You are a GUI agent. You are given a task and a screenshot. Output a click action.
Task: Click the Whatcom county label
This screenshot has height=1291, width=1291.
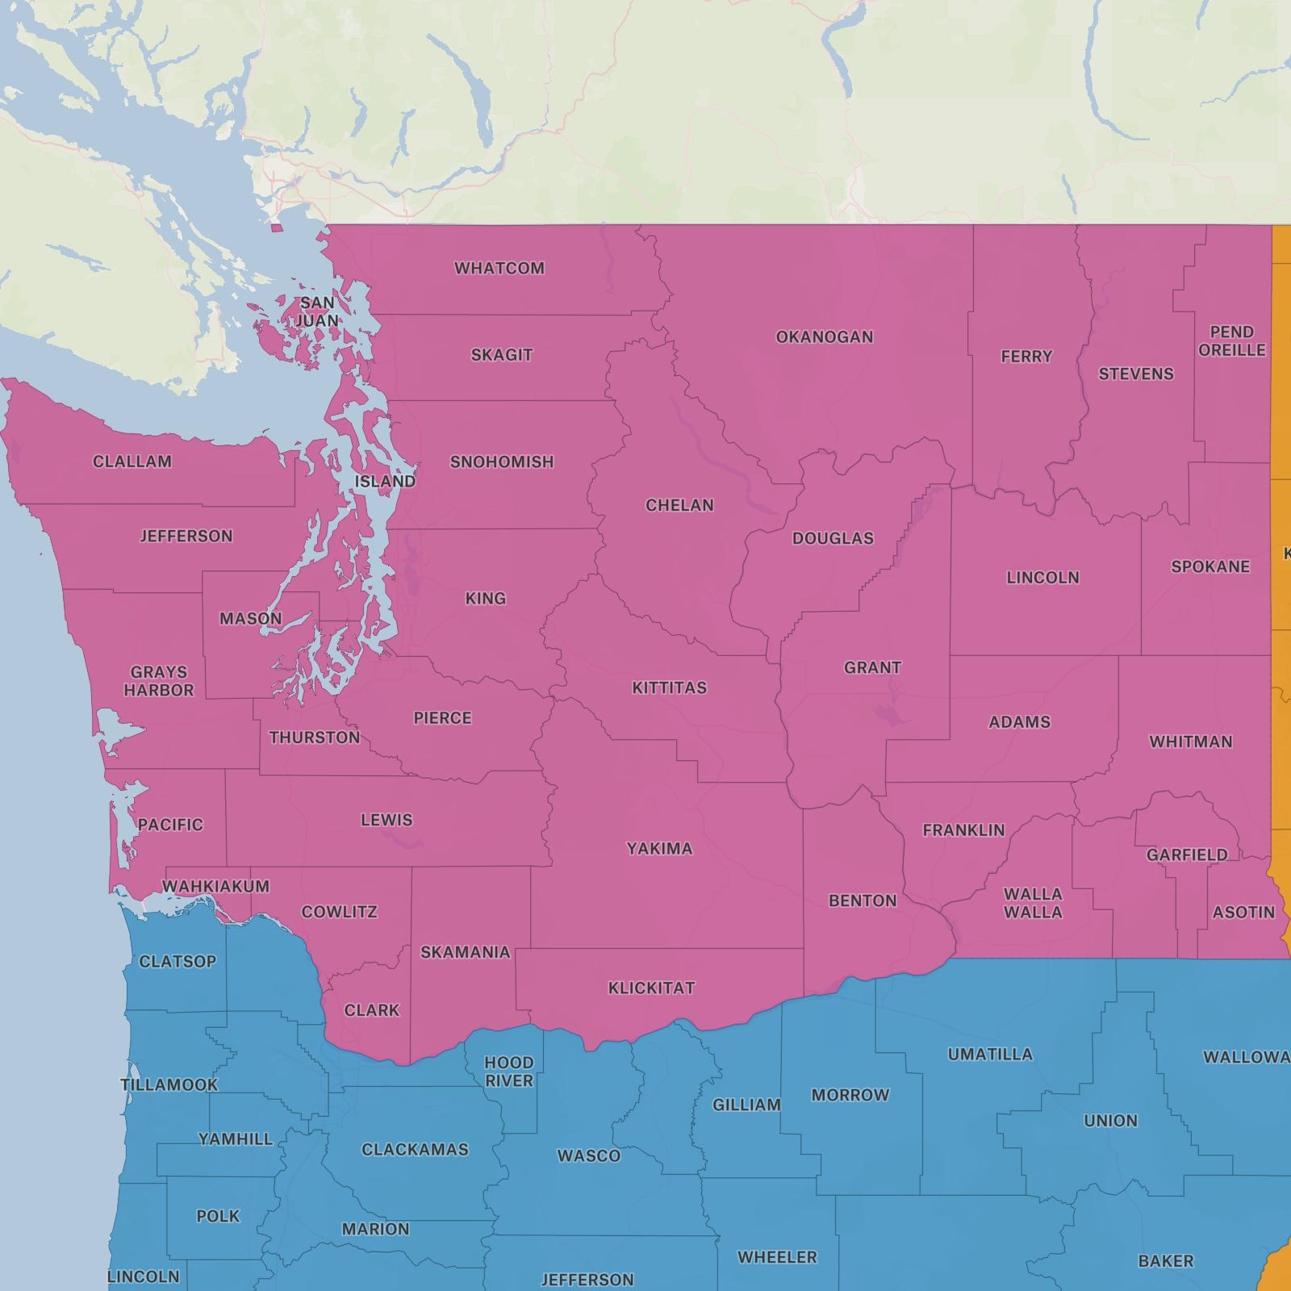[x=499, y=268]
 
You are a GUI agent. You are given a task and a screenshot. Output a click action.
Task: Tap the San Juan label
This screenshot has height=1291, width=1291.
[x=317, y=312]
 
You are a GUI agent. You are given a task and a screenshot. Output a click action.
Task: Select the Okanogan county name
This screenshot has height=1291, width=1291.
[x=825, y=337]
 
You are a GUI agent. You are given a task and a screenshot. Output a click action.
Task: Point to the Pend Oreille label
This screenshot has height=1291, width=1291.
[x=1232, y=341]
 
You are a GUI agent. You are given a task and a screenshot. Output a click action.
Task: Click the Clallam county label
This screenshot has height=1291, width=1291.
[x=132, y=462]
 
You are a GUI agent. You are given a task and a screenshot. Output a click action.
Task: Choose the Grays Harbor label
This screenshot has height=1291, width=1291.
[x=159, y=681]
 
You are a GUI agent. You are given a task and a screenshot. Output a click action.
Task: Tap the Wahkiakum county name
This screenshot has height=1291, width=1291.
[x=215, y=887]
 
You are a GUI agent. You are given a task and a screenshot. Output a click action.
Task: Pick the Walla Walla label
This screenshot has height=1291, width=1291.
[x=1033, y=903]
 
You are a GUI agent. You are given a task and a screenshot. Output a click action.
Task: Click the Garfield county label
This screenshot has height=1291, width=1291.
[x=1187, y=854]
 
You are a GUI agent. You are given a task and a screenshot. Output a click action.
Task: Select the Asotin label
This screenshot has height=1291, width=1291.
[x=1243, y=913]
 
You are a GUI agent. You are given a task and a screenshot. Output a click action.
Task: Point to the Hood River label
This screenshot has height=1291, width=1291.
[x=509, y=1072]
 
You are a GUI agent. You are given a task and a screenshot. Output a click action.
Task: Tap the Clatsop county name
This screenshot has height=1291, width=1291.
[x=178, y=962]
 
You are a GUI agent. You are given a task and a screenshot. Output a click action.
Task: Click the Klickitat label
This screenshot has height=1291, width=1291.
[x=651, y=988]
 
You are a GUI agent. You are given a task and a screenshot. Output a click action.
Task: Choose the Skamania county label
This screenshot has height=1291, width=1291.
[x=466, y=952]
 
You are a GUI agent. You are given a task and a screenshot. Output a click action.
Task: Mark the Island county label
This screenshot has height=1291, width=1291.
[x=386, y=482]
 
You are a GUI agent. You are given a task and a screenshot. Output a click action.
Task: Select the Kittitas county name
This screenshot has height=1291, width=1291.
[x=670, y=688]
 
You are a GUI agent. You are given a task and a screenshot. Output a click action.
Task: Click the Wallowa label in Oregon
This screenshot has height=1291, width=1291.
[x=1246, y=1057]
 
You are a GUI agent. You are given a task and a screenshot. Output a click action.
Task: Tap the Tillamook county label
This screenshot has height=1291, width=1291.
[x=169, y=1085]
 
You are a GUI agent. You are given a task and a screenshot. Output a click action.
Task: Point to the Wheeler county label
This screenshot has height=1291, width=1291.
[x=777, y=1257]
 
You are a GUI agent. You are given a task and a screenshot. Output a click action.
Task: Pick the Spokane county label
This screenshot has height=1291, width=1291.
[x=1210, y=566]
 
